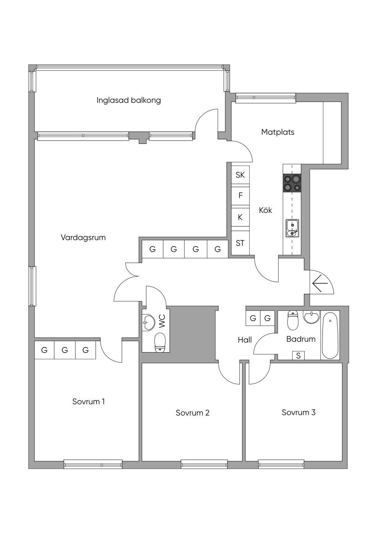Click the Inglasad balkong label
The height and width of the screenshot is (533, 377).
coord(128,100)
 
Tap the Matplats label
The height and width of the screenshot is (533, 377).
coord(278,132)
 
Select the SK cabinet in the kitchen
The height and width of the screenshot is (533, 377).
coord(240,174)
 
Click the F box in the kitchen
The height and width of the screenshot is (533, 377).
coord(240,195)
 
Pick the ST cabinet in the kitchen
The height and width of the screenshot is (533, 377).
coord(240,243)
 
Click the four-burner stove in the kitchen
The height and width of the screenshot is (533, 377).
coord(292,183)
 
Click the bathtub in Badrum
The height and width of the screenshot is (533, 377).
coord(330,335)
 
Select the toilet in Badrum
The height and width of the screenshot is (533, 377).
coord(293,321)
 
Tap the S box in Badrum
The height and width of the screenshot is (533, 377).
coord(298,356)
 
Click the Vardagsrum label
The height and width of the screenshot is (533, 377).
coord(83,237)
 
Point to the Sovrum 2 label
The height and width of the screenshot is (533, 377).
coord(193,413)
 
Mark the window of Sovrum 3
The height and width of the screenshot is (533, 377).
coord(281,464)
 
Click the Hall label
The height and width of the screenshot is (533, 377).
coord(245,339)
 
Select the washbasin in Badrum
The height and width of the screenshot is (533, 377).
coord(311,317)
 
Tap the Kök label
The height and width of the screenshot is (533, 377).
coord(265,210)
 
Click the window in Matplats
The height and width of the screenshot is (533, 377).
coord(265,98)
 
